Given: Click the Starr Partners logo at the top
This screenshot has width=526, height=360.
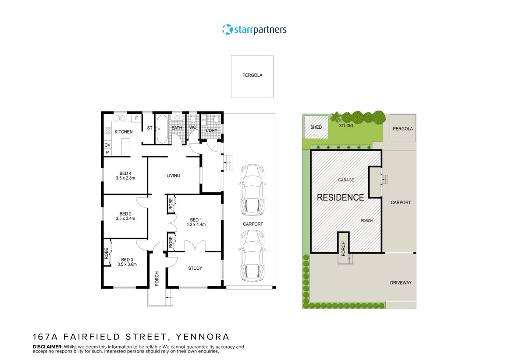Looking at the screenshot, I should (x=254, y=30).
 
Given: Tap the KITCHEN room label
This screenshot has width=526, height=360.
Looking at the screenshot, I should (x=124, y=132).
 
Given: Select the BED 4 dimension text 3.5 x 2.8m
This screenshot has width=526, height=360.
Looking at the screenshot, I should (x=125, y=178).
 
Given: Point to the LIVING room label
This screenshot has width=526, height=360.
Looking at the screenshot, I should (x=173, y=176).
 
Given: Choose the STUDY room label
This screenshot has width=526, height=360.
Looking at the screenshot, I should (x=195, y=268).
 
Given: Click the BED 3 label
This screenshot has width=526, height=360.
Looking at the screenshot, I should (x=127, y=259).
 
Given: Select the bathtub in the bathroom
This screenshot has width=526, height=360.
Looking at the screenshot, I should (x=161, y=129).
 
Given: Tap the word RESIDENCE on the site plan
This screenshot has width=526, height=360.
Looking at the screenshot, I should (x=340, y=198).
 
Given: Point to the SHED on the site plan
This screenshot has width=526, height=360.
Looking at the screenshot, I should (x=316, y=127).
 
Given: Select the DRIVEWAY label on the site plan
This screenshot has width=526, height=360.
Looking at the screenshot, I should (x=401, y=283).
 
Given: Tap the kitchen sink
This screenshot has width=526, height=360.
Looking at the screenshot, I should (x=120, y=118).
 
